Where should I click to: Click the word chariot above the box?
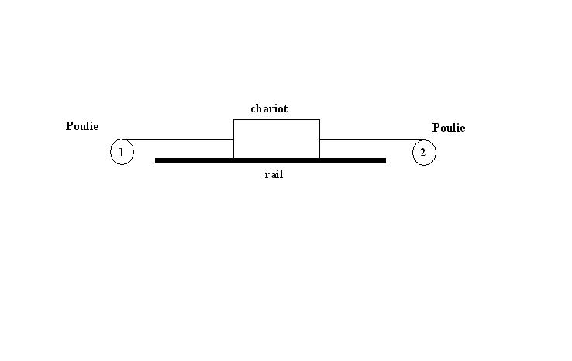268,108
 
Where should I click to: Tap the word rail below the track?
274,174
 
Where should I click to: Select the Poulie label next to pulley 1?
82,126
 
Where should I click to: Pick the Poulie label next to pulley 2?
449,128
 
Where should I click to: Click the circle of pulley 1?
122,153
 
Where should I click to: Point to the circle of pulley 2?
423,153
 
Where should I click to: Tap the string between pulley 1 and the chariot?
178,140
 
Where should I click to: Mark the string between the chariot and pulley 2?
368,140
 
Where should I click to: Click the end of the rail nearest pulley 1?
156,160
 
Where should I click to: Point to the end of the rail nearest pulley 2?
385,160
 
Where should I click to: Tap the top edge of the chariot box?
276,120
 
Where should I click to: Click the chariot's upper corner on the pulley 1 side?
233,120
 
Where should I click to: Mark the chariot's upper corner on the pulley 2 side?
319,120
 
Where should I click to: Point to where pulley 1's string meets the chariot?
233,140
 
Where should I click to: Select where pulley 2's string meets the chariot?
319,140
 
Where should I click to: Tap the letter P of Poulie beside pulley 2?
436,128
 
